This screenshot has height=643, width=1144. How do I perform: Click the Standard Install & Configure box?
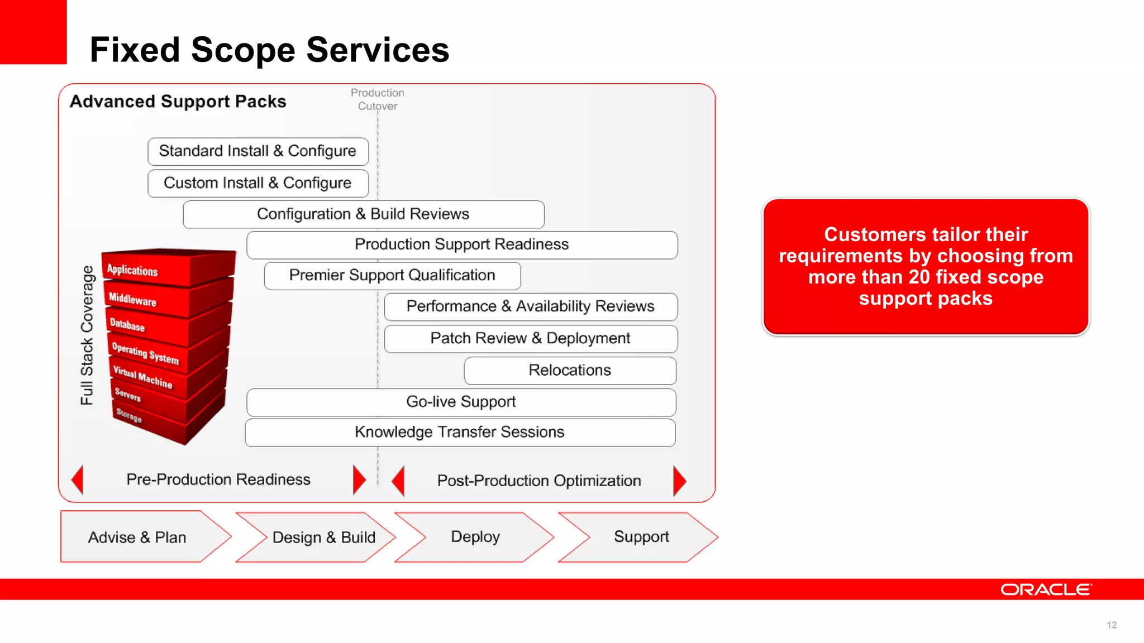point(258,151)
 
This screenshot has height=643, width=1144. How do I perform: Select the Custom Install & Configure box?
point(258,183)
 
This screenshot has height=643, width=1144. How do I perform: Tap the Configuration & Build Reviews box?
point(363,214)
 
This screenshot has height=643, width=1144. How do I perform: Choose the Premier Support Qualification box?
point(392,275)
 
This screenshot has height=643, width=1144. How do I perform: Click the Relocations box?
point(570,371)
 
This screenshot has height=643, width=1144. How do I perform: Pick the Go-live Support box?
point(461,402)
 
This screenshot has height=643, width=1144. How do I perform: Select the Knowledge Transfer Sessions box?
point(460,432)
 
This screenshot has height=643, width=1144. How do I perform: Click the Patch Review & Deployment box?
point(530,338)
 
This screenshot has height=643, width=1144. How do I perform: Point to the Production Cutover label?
point(378,99)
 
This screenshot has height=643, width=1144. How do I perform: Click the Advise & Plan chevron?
point(137,537)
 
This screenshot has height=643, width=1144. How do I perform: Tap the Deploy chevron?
point(475,537)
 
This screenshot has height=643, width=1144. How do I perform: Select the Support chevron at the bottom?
point(641,537)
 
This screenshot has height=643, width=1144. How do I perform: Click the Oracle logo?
point(1045,589)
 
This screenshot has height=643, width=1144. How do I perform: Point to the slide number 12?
point(1112,625)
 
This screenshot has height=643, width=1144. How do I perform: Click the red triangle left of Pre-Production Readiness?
point(78,479)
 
